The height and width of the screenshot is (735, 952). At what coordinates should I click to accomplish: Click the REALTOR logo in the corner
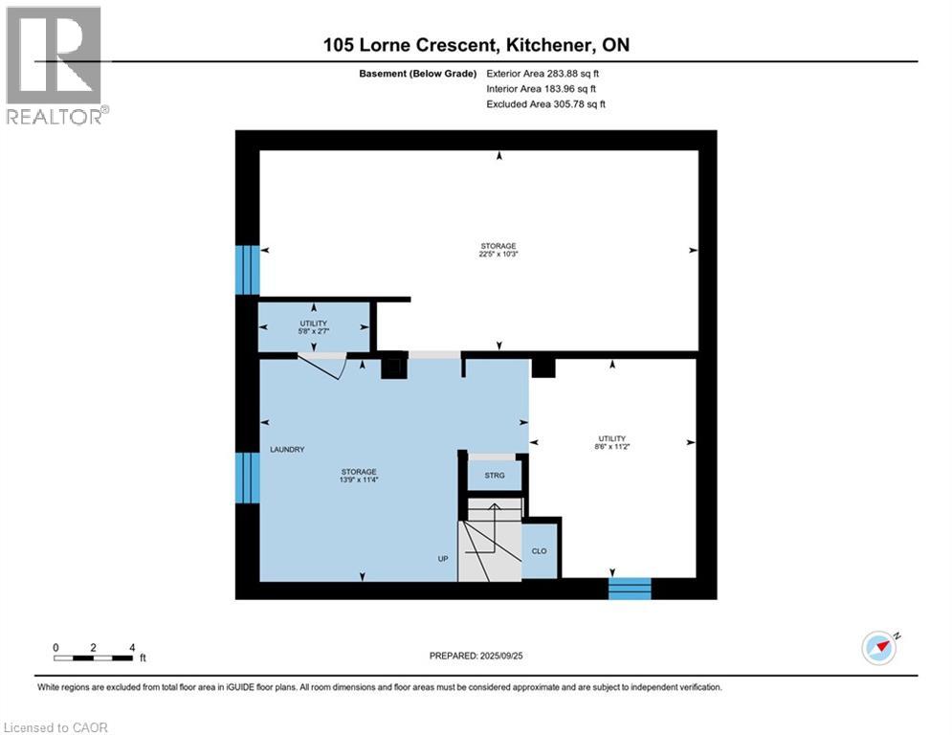coord(55,65)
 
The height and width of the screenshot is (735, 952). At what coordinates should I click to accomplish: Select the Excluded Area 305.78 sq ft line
coord(546,104)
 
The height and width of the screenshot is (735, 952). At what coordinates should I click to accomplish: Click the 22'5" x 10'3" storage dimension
coord(498,255)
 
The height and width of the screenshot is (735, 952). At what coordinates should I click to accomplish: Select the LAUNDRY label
coord(287,449)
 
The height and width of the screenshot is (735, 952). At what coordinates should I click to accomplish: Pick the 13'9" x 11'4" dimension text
coord(360,481)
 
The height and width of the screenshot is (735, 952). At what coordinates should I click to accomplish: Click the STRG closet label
coord(494,475)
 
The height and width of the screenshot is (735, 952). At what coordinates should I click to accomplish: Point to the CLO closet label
coord(540,552)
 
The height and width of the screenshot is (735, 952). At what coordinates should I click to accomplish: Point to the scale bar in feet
coord(94,657)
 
